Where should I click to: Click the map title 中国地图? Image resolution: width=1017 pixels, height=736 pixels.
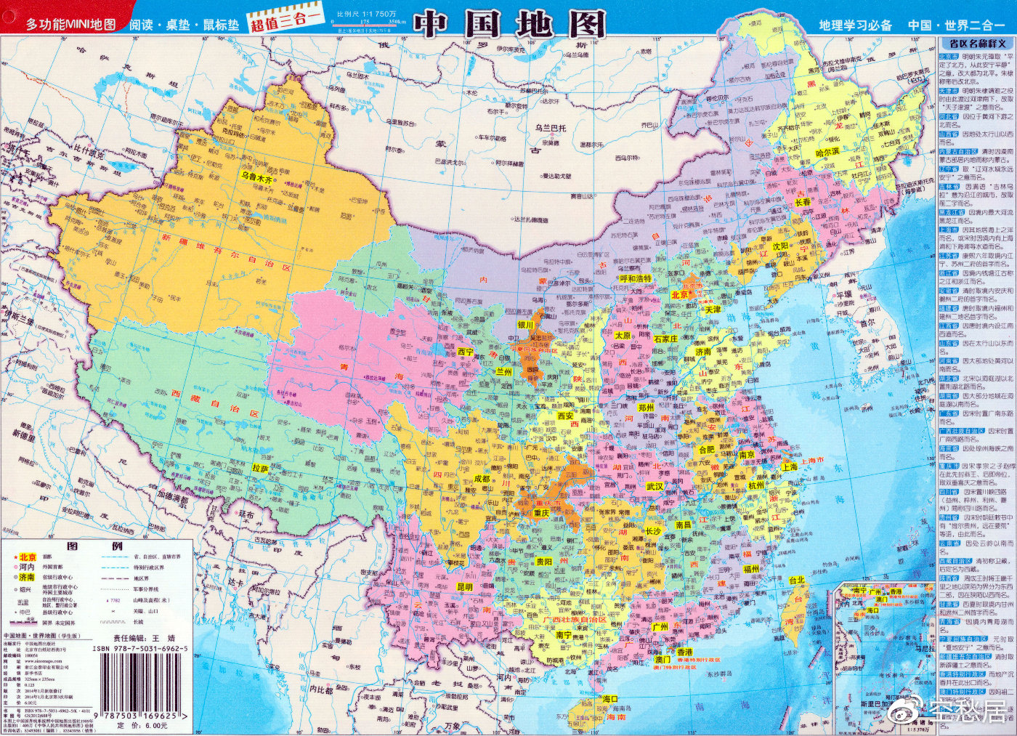(x=510, y=25)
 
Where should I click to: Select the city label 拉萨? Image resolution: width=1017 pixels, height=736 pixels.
(x=260, y=469)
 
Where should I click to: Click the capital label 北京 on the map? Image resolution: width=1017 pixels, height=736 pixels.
(x=680, y=294)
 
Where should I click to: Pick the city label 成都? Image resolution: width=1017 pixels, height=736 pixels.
(x=482, y=480)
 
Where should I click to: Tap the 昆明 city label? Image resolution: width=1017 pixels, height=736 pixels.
(x=465, y=587)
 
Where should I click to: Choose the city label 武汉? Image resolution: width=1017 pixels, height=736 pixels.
(x=655, y=487)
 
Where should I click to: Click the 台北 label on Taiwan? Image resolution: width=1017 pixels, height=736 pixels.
(x=796, y=581)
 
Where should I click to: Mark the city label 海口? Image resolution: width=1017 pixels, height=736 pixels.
(x=610, y=699)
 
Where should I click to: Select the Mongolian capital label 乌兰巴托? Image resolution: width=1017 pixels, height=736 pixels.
(x=550, y=128)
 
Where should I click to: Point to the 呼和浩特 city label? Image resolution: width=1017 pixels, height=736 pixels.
(x=636, y=278)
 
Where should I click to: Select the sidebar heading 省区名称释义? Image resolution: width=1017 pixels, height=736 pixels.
(x=976, y=44)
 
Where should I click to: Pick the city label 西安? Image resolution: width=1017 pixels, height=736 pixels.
(x=565, y=416)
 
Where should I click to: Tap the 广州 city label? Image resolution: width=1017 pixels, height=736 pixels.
(x=660, y=626)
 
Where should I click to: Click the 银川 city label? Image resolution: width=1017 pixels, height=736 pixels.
(x=525, y=325)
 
